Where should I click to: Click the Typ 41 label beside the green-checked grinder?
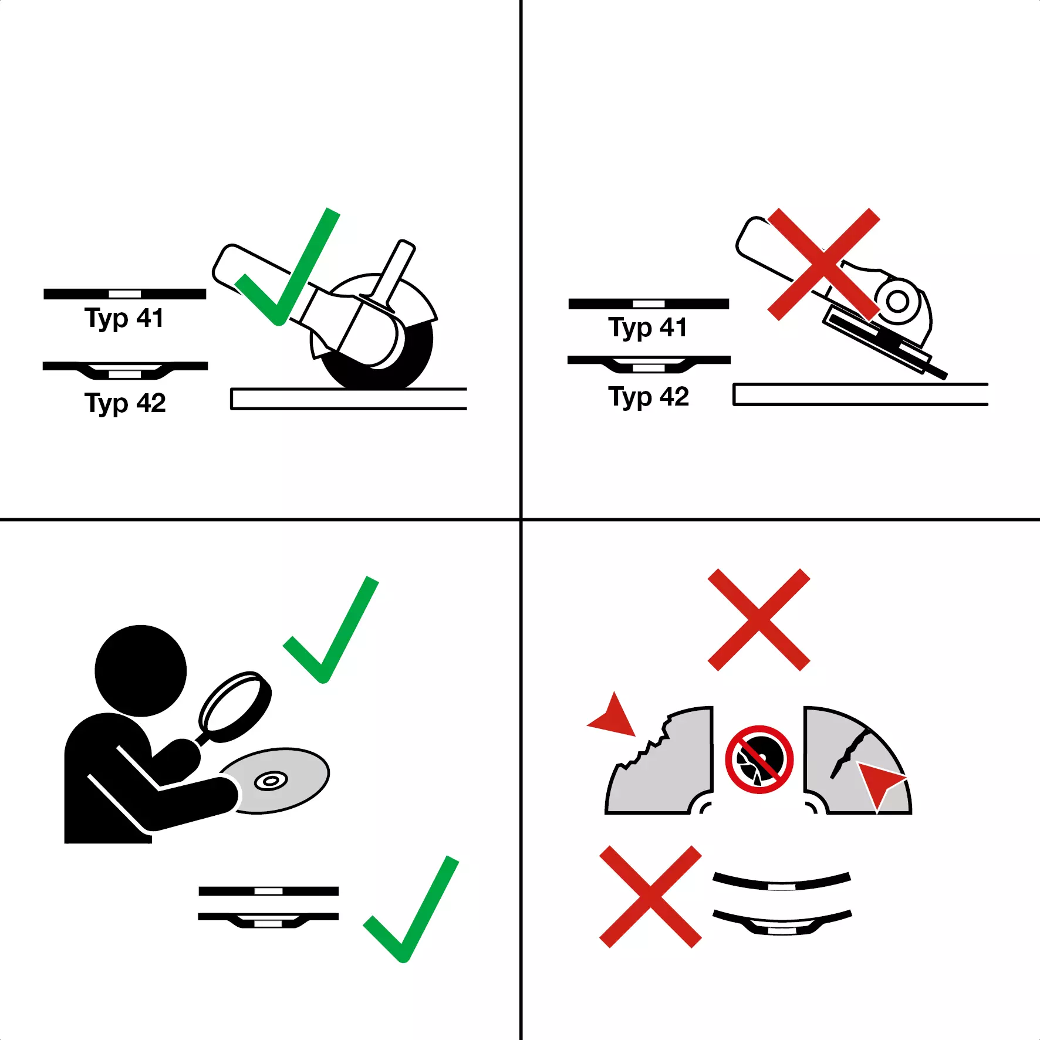click(124, 319)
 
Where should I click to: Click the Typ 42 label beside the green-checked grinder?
click(125, 403)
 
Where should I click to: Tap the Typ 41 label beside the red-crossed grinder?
click(647, 328)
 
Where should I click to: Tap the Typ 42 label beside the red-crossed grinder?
click(649, 397)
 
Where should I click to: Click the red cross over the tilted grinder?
click(823, 264)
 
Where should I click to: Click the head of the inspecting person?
click(141, 671)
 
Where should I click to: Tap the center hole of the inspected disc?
click(271, 781)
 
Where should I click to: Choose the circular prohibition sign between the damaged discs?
click(759, 759)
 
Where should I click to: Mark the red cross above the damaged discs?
click(759, 619)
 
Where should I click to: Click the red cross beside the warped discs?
click(650, 896)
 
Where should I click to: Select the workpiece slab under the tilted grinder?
click(860, 394)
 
